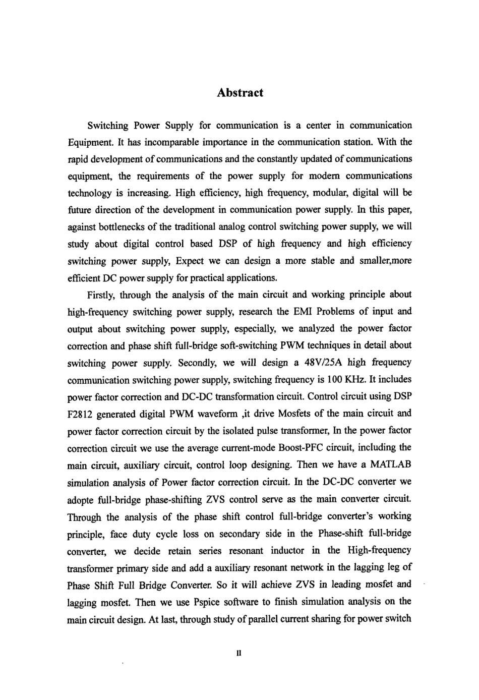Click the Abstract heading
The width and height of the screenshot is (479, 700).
[x=239, y=93]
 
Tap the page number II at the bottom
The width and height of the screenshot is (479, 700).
[x=239, y=653]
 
